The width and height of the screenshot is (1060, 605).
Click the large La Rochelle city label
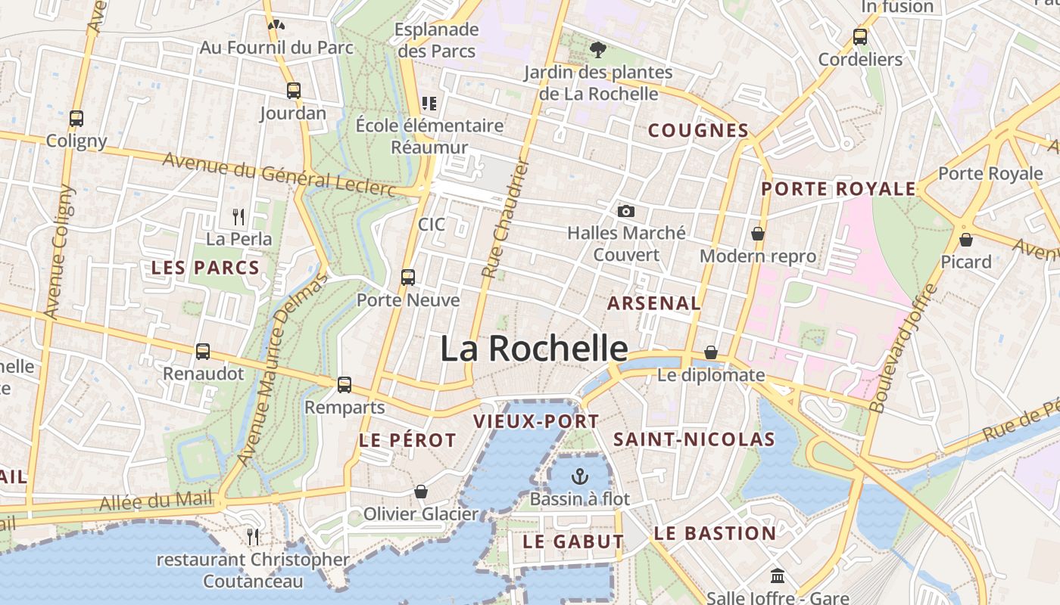(534, 349)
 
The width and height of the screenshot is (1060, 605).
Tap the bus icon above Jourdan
(294, 91)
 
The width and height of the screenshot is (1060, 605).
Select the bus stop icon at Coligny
(76, 118)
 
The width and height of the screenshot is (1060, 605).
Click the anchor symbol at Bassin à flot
(580, 476)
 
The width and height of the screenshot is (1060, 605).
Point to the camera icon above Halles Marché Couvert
(626, 211)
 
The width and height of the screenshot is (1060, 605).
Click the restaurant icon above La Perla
(238, 217)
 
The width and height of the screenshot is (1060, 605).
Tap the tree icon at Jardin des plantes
(598, 50)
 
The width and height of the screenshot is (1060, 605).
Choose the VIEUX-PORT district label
(536, 421)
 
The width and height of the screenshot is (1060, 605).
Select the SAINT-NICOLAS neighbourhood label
(694, 439)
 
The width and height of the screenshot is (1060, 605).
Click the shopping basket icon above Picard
(966, 240)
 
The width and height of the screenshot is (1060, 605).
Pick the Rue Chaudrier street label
(505, 219)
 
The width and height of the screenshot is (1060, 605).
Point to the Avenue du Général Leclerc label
(279, 175)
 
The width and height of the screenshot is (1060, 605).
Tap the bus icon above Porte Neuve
(408, 277)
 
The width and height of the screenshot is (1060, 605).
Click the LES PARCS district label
(205, 267)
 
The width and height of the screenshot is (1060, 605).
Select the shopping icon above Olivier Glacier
(421, 492)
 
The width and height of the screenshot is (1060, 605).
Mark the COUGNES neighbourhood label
(698, 130)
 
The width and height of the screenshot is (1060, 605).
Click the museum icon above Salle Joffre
(778, 576)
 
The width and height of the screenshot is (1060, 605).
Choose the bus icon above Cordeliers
(860, 36)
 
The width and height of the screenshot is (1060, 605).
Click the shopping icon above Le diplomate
(711, 352)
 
